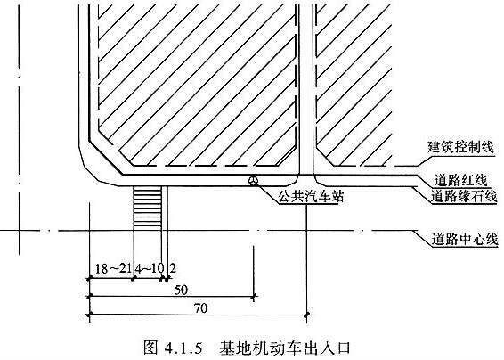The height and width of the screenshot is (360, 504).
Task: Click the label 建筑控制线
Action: [x=460, y=147]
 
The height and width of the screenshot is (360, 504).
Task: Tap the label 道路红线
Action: [x=460, y=181]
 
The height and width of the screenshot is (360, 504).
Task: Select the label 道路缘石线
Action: [x=464, y=196]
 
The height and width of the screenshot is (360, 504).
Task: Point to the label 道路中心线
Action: [x=465, y=240]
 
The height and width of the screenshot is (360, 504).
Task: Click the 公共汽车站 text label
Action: [x=311, y=196]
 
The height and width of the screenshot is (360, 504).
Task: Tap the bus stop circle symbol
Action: [x=253, y=181]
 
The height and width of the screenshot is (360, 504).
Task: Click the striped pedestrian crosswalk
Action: [x=147, y=208]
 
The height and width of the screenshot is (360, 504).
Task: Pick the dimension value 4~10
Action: [x=149, y=268]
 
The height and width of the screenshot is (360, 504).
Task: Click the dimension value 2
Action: [x=172, y=267]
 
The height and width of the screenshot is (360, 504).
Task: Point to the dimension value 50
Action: [x=181, y=290]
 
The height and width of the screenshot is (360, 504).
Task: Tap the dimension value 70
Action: [x=201, y=308]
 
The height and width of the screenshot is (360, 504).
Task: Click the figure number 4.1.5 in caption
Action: [x=183, y=348]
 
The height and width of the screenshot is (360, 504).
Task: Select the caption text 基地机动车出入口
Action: [x=284, y=348]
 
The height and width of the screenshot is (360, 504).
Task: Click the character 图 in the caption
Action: [x=150, y=348]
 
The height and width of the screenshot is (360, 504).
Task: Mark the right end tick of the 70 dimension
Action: [x=307, y=314]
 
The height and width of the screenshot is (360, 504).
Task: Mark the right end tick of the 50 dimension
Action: [x=255, y=296]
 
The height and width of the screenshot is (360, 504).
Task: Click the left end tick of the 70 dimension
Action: [x=89, y=314]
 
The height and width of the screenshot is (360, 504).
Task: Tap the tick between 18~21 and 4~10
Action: [x=133, y=279]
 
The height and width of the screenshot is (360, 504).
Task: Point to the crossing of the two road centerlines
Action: [x=20, y=231]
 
